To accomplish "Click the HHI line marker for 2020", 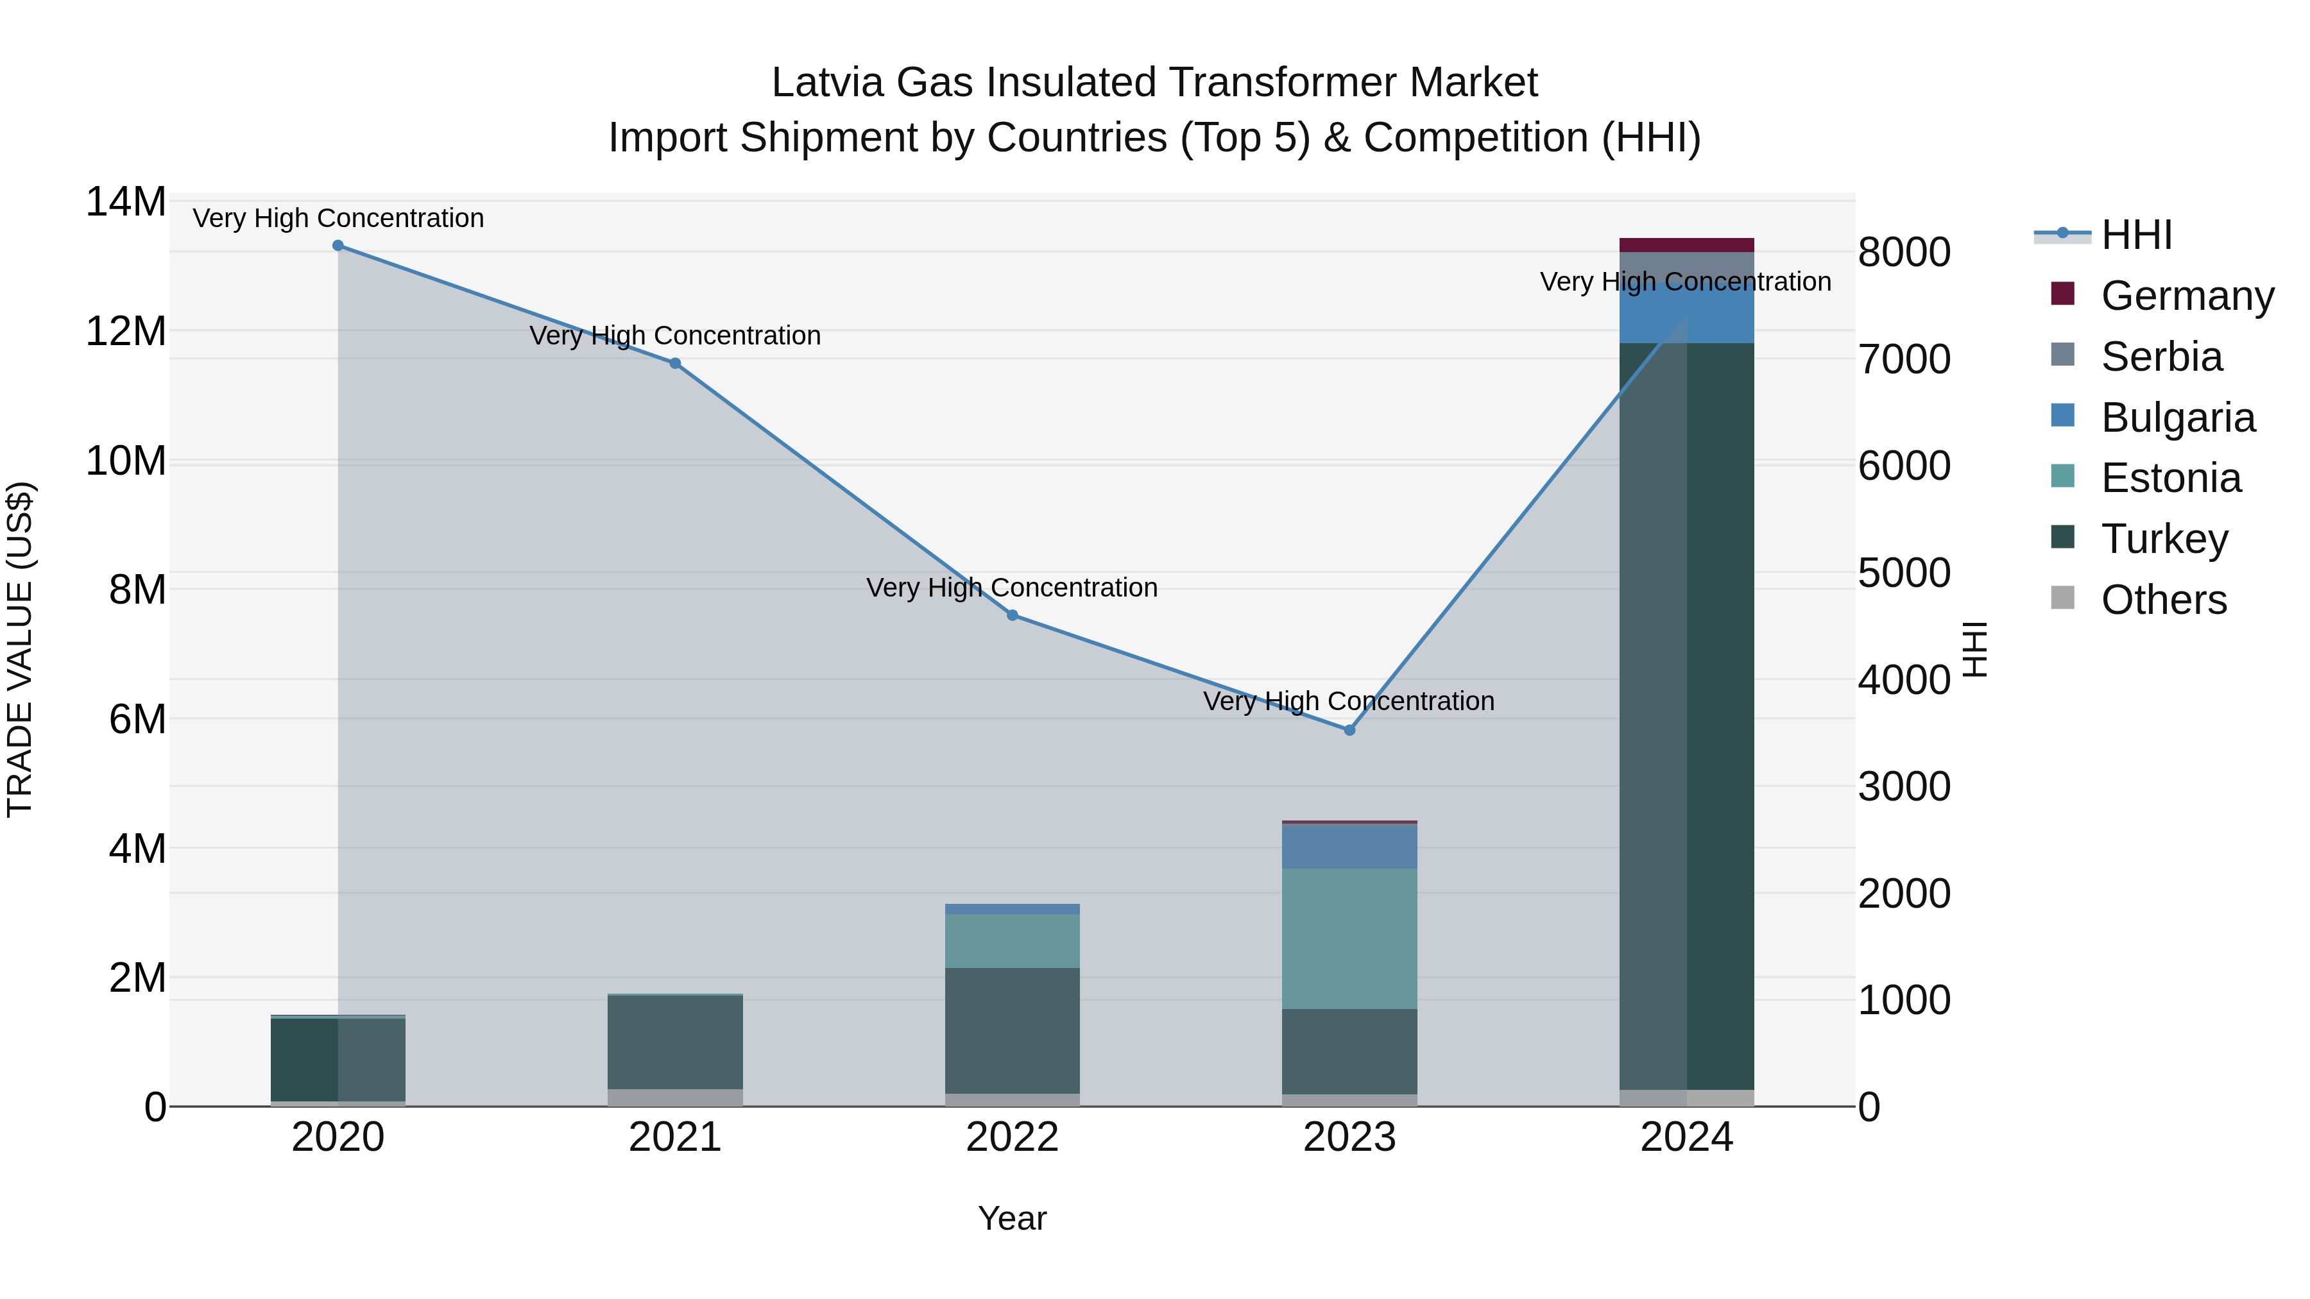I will coord(338,246).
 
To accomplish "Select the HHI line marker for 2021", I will coord(675,363).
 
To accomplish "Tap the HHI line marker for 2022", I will coord(1013,615).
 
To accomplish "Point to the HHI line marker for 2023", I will coord(1349,730).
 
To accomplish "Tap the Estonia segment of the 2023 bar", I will coord(1349,938).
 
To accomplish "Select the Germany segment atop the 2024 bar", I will coord(1687,245).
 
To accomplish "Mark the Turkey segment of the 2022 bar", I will coord(1013,1030).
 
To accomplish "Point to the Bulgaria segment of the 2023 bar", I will coord(1349,846).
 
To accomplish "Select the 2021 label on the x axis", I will coord(675,1137).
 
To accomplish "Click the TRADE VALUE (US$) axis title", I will coord(20,649).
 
